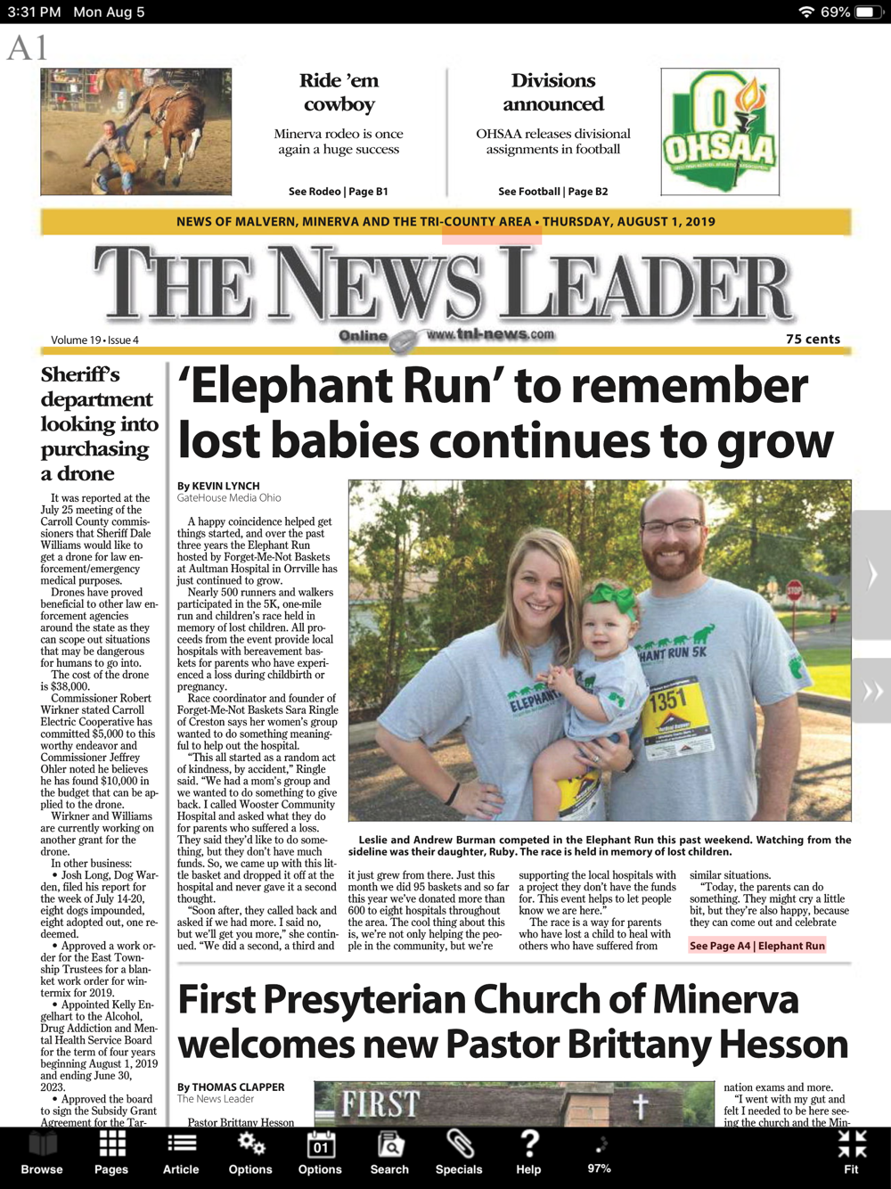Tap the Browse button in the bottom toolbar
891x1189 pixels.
click(42, 1153)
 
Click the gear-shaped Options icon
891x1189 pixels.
click(250, 1144)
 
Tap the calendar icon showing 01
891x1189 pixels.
click(320, 1144)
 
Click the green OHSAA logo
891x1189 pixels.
click(720, 132)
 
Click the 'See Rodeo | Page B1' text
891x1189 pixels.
click(339, 192)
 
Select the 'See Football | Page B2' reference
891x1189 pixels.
click(552, 192)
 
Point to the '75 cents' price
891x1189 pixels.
click(813, 340)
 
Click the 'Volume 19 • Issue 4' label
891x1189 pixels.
click(94, 340)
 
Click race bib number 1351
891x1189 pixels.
click(668, 701)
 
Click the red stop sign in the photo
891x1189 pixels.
click(795, 590)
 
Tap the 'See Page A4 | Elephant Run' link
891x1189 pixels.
click(757, 946)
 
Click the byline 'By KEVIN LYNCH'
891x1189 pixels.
click(218, 487)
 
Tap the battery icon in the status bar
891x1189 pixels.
click(867, 12)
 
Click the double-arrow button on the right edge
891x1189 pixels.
click(872, 692)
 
